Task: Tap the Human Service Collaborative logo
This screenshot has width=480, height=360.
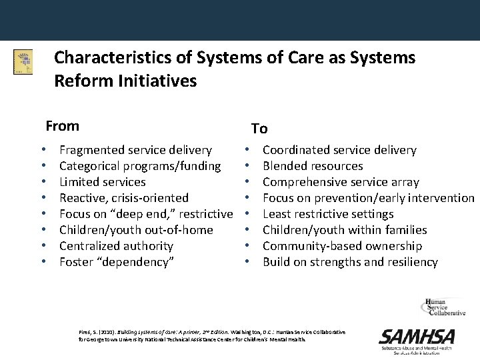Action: pyautogui.click(x=443, y=309)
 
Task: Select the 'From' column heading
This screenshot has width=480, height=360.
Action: pyautogui.click(x=62, y=126)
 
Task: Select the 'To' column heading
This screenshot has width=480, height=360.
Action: pyautogui.click(x=259, y=129)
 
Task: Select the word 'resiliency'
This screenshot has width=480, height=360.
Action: pyautogui.click(x=410, y=262)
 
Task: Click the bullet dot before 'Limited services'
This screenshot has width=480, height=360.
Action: pyautogui.click(x=43, y=182)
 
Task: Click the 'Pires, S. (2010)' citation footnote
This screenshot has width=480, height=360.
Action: pyautogui.click(x=212, y=335)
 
